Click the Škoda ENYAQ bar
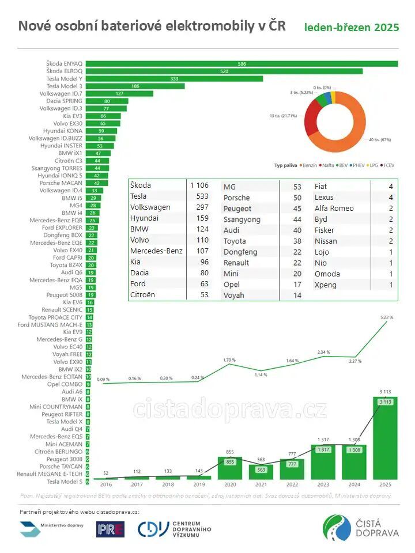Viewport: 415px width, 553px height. click(x=242, y=63)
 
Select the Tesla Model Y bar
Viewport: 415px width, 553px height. click(x=175, y=78)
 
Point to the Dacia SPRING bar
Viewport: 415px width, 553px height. click(x=107, y=101)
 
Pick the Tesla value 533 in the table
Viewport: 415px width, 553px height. click(x=199, y=196)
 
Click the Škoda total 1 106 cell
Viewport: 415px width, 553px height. click(x=199, y=185)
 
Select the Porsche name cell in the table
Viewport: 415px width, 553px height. click(x=237, y=198)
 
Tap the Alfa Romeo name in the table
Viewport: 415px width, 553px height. click(x=334, y=208)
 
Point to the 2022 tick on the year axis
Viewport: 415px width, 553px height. click(x=292, y=486)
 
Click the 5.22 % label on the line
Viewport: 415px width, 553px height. click(x=387, y=317)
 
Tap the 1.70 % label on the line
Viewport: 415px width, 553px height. click(x=229, y=360)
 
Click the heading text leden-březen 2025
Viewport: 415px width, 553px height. click(x=352, y=27)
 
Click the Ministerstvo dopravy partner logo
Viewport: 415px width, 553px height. click(x=52, y=529)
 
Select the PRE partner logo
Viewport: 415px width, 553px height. click(x=110, y=529)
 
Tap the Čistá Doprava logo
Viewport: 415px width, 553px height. click(x=361, y=528)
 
